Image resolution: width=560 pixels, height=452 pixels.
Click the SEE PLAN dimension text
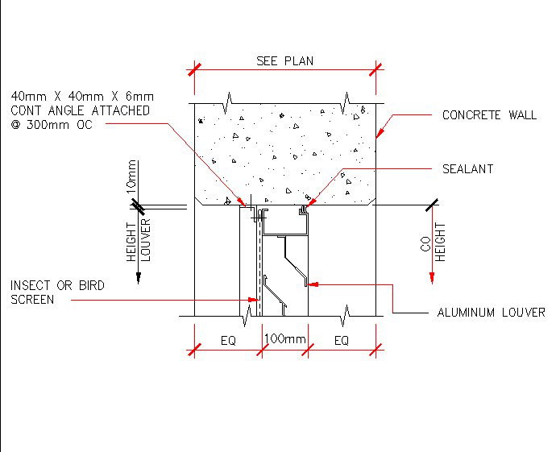click(284, 61)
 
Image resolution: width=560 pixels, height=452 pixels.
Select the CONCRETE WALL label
click(489, 115)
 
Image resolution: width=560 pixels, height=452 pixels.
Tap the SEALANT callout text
click(467, 169)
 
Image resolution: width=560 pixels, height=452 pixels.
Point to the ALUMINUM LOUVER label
click(491, 312)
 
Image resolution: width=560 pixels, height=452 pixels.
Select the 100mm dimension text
click(285, 339)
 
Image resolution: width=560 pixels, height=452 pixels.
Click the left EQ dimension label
click(228, 341)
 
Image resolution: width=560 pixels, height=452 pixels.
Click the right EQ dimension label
click(341, 341)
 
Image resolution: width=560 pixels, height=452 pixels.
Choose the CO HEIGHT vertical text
click(434, 247)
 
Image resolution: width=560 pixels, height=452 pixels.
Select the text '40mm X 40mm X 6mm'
click(81, 97)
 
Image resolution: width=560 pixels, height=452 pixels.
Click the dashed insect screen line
click(259, 266)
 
